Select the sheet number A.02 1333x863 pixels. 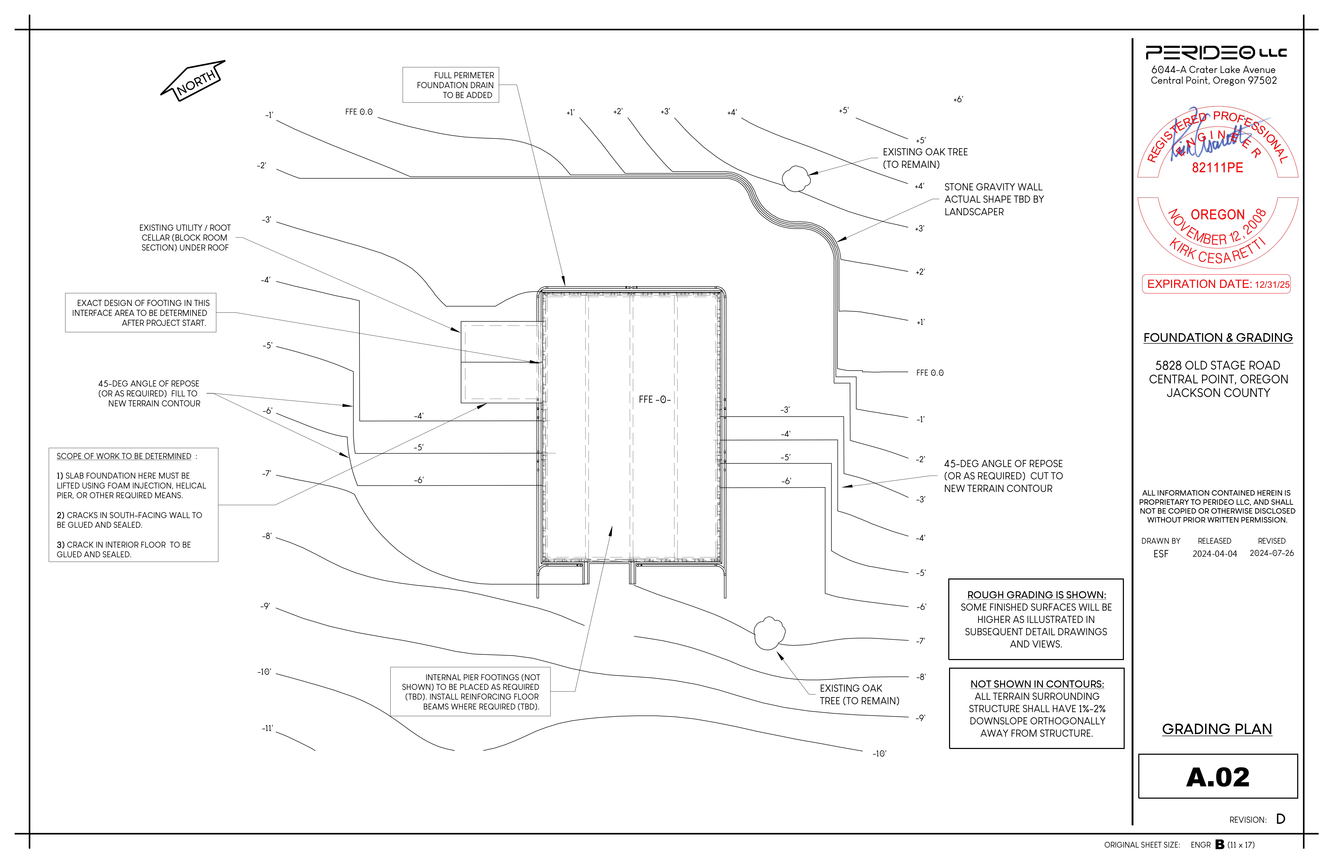click(x=1218, y=777)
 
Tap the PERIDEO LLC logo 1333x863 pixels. click(x=1216, y=53)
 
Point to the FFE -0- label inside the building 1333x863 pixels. click(x=654, y=400)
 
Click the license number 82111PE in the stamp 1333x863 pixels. click(x=1217, y=168)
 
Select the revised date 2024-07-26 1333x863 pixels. click(x=1271, y=553)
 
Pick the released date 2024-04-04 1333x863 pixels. click(x=1214, y=554)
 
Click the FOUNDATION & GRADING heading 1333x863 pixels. click(x=1218, y=337)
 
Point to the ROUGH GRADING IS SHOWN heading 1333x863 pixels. click(x=1036, y=595)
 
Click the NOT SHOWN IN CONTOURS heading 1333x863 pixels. click(x=1037, y=684)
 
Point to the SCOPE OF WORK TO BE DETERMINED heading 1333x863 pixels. click(x=124, y=456)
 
